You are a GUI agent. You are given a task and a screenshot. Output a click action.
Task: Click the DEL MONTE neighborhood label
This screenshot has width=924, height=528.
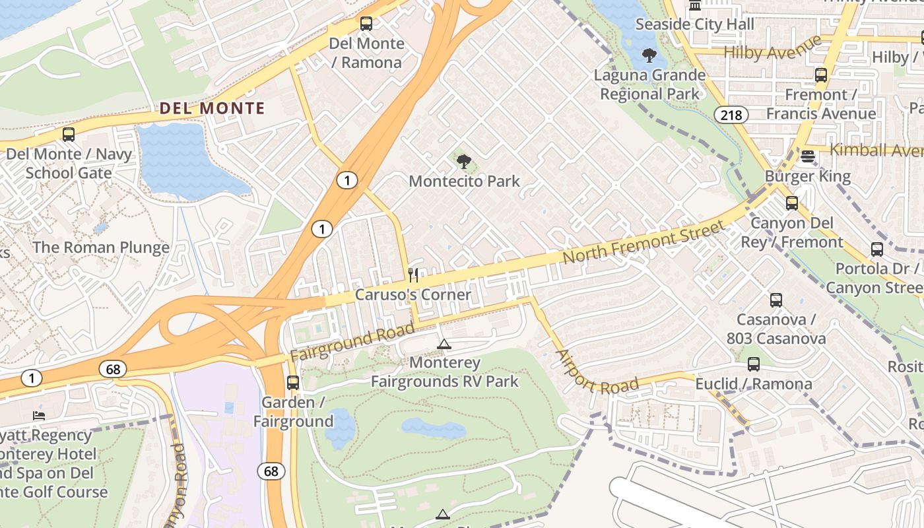[x=213, y=108]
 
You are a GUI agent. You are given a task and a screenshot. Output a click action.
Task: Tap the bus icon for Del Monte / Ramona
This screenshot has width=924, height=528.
[x=366, y=24]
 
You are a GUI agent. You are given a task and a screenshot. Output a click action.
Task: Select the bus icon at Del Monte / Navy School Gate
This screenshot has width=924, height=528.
[x=69, y=135]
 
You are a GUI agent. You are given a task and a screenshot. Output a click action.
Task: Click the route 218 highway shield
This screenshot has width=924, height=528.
[x=731, y=115]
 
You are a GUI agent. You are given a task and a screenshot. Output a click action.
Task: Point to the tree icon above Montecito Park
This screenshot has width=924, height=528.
[x=464, y=161]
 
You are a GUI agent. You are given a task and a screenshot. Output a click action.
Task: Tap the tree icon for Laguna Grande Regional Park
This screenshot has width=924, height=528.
[x=649, y=55]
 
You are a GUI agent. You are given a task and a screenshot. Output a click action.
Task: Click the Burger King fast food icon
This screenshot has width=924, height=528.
[x=807, y=156]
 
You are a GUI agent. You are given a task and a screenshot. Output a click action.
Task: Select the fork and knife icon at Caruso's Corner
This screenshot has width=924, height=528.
[x=414, y=275]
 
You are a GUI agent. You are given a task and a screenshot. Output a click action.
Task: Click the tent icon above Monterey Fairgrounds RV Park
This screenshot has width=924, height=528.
[x=444, y=344]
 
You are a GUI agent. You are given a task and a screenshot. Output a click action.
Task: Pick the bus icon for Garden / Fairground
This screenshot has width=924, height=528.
[x=293, y=382]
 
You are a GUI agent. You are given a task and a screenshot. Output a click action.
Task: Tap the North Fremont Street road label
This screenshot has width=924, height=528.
[x=643, y=243]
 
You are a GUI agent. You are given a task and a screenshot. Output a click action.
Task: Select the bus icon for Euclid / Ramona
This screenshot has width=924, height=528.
[x=753, y=364]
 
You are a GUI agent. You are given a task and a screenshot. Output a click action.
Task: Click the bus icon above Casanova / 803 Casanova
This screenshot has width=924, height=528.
[x=776, y=300]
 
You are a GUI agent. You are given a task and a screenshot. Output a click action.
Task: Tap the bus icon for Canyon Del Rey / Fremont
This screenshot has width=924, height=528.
[x=792, y=203]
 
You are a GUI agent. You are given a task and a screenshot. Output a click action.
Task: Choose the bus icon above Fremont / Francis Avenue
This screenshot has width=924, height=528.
[x=820, y=75]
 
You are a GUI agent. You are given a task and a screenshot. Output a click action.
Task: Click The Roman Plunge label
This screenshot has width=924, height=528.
[x=101, y=247]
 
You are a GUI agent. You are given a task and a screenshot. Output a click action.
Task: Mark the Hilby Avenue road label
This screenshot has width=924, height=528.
[x=773, y=48]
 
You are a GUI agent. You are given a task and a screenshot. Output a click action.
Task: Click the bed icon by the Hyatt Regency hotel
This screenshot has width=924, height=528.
[x=39, y=416]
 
